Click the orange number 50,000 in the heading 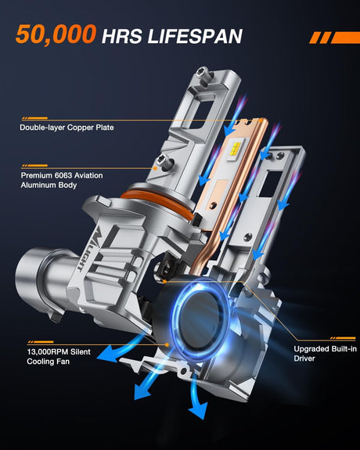pos(56,34)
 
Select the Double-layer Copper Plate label pos(67,128)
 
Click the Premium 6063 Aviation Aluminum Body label pos(62,180)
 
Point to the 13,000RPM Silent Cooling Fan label pos(59,356)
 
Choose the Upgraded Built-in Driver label pos(325,354)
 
